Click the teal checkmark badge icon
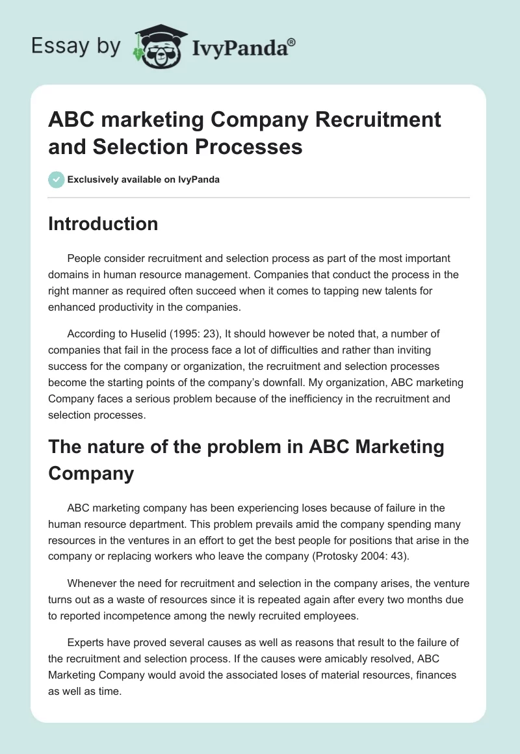tap(57, 179)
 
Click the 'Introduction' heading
tap(103, 224)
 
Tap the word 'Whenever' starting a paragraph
tap(92, 584)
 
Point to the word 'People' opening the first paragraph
tap(84, 258)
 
